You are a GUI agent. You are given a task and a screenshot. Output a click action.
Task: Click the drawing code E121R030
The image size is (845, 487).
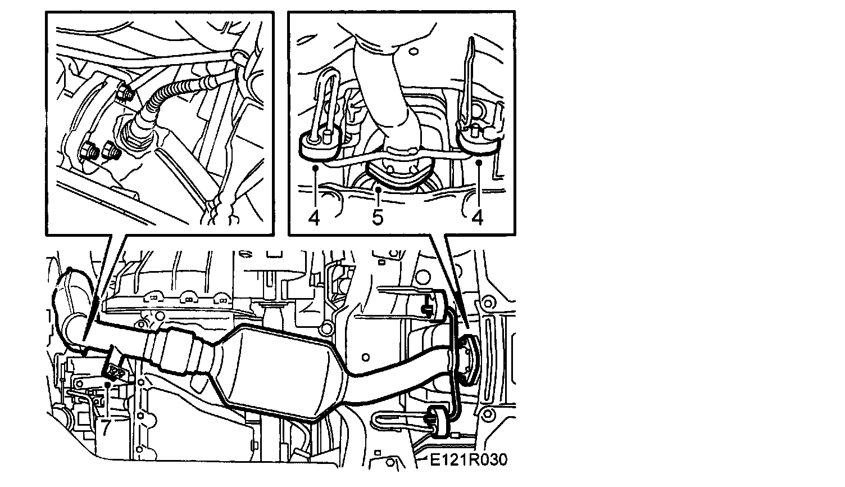click(x=469, y=460)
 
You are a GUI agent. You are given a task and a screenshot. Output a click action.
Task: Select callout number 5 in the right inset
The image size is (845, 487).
click(x=378, y=217)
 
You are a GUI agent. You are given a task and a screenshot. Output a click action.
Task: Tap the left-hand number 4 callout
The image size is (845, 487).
click(x=314, y=217)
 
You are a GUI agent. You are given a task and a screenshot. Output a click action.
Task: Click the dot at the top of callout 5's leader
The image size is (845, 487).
click(x=379, y=190)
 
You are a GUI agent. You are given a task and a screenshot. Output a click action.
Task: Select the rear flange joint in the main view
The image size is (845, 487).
click(x=466, y=358)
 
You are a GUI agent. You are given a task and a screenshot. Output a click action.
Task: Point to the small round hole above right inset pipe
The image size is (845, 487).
click(x=415, y=50)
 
